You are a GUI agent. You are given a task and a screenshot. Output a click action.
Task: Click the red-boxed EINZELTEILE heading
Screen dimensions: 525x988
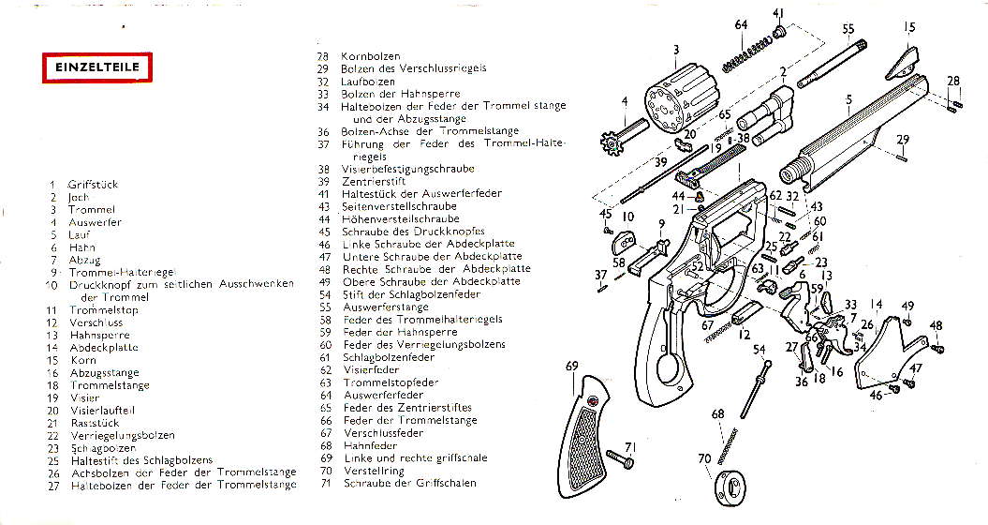tap(90, 68)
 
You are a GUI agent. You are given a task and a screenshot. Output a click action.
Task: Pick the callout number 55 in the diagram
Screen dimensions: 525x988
tap(848, 29)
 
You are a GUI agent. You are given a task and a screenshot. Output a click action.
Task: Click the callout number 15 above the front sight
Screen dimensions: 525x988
tap(908, 28)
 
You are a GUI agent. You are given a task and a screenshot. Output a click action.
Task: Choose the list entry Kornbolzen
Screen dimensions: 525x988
tap(370, 56)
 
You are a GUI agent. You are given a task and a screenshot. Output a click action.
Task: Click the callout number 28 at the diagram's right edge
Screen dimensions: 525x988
tap(953, 81)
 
